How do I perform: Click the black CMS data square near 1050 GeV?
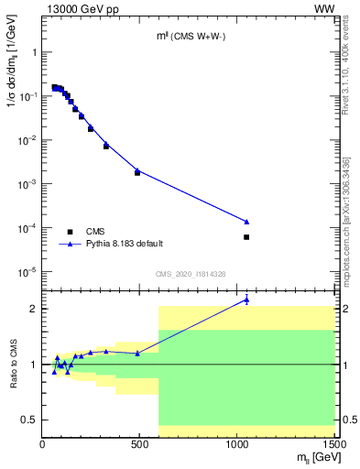pos(246,237)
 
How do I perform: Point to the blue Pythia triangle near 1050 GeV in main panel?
pos(246,222)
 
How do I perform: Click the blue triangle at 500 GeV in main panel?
pos(137,170)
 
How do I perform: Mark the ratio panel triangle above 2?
pos(246,300)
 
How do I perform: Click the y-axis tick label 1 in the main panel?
pos(34,52)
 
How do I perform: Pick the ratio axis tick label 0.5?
pos(29,420)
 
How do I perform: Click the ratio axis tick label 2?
pos(34,309)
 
